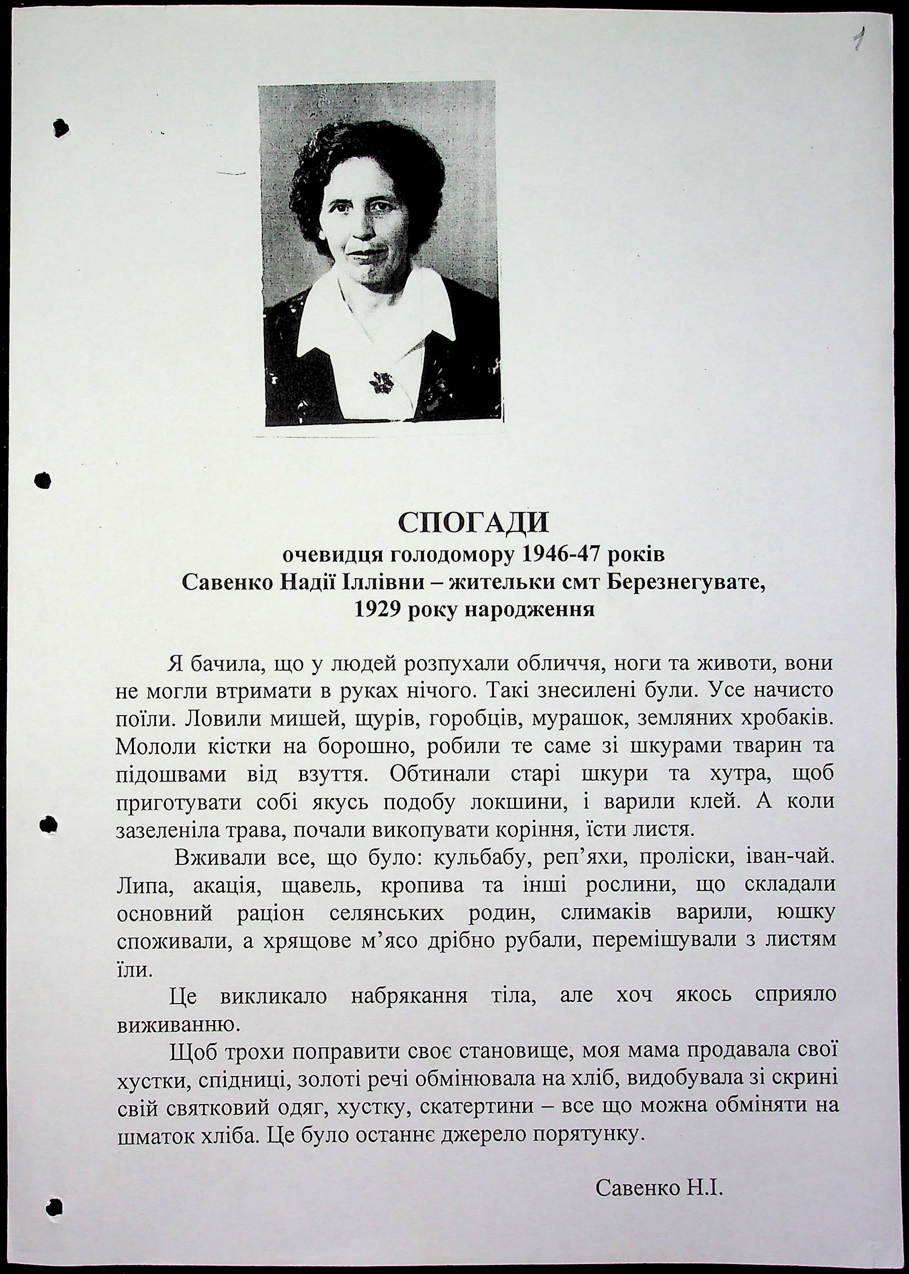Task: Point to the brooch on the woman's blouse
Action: (381, 382)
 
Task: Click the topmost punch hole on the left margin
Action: (60, 128)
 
